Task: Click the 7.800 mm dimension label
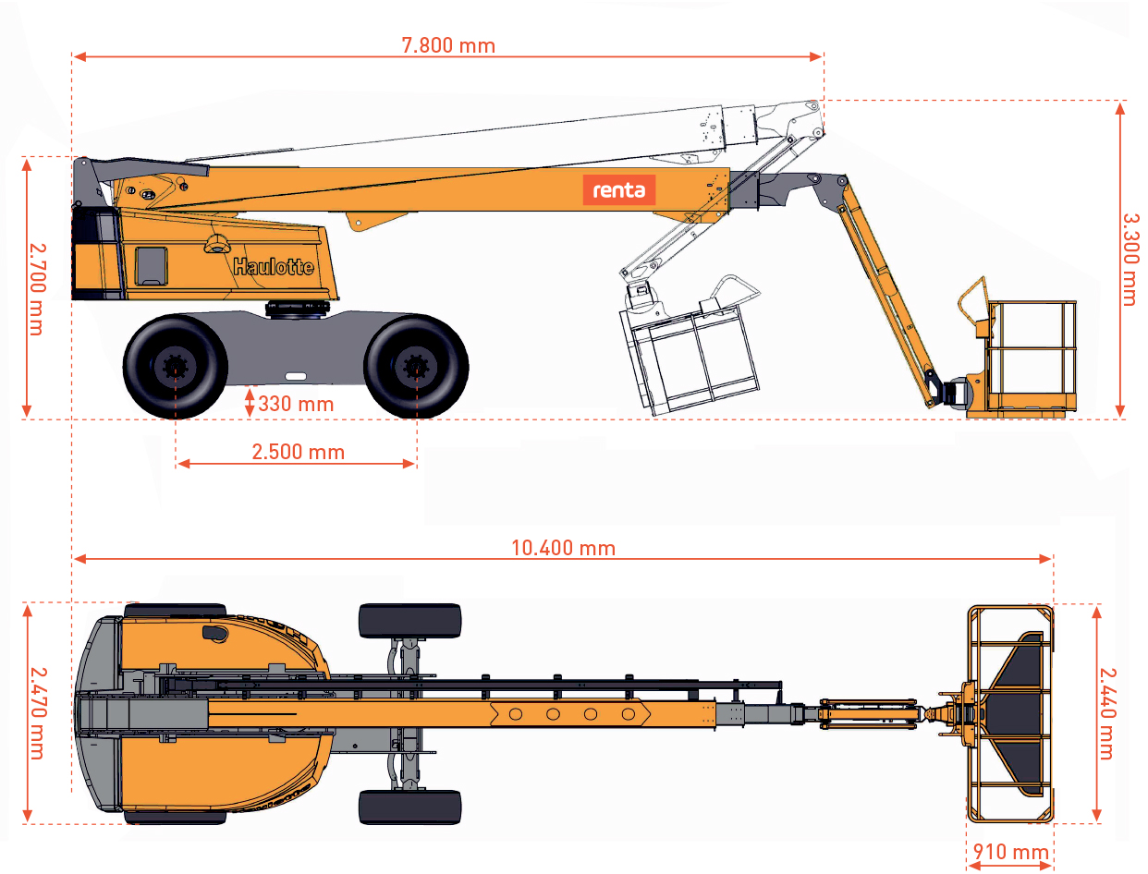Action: tap(448, 45)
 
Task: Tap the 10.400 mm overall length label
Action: tap(563, 549)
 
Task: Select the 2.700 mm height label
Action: tap(38, 289)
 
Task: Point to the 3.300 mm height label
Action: tap(1130, 260)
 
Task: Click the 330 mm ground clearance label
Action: tap(296, 404)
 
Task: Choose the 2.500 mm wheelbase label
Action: tap(299, 452)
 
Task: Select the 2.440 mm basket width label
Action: tap(1107, 713)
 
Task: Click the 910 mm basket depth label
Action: tap(1010, 852)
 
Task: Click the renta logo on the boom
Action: tap(618, 189)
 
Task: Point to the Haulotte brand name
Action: tap(274, 267)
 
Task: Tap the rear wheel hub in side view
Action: tap(176, 367)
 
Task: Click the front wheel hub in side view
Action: tap(416, 367)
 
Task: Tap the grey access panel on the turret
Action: tap(152, 266)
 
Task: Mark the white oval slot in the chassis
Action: tap(296, 376)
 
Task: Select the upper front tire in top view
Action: tap(410, 621)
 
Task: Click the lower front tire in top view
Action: tap(410, 807)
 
